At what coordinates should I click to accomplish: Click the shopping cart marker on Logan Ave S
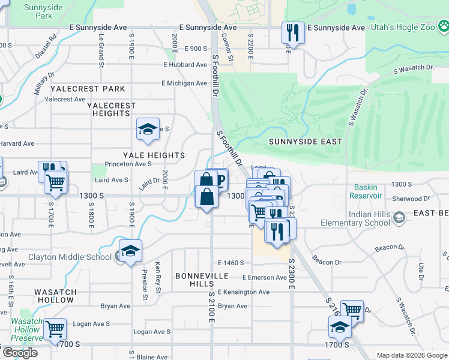click(x=54, y=328)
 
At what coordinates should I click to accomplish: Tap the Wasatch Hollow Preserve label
click(x=27, y=329)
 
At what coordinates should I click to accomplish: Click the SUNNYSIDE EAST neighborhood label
click(x=305, y=142)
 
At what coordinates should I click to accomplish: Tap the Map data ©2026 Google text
click(x=412, y=355)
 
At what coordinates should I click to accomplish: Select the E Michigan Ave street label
click(x=184, y=83)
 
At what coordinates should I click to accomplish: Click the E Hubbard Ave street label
click(x=185, y=65)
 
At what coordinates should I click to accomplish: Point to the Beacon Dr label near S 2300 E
click(x=326, y=262)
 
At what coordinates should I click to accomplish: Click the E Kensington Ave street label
click(x=243, y=292)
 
